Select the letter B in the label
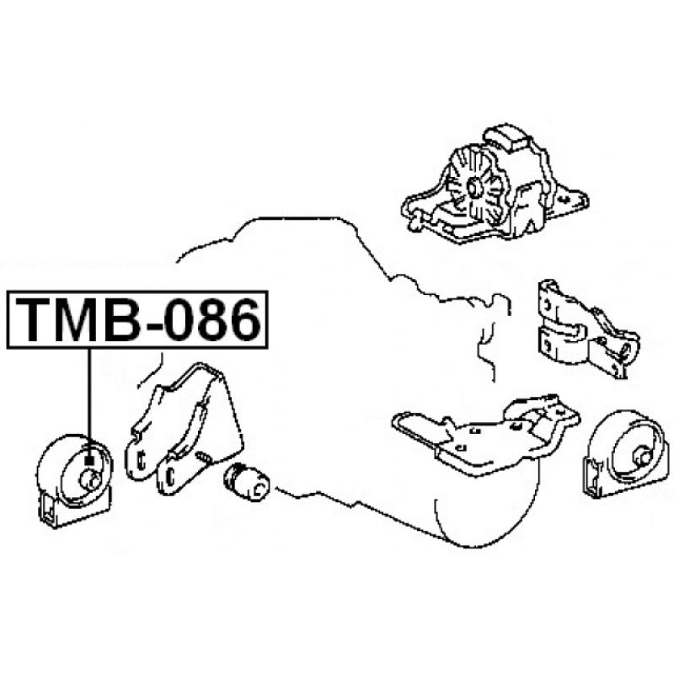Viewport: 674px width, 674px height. pyautogui.click(x=123, y=319)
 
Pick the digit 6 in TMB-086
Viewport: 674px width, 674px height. pyautogui.click(x=244, y=319)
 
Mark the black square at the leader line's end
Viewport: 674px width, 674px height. pyautogui.click(x=89, y=460)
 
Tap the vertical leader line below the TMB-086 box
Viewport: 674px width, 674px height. pyautogui.click(x=89, y=403)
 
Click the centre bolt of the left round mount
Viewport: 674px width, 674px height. pyautogui.click(x=90, y=480)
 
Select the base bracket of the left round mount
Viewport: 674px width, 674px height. pyautogui.click(x=73, y=510)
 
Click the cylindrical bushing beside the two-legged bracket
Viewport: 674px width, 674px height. pyautogui.click(x=247, y=482)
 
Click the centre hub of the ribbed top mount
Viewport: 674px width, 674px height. pyautogui.click(x=474, y=188)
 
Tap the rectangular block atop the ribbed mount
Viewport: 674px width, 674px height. pyautogui.click(x=508, y=137)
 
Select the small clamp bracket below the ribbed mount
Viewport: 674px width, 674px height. pyautogui.click(x=586, y=329)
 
